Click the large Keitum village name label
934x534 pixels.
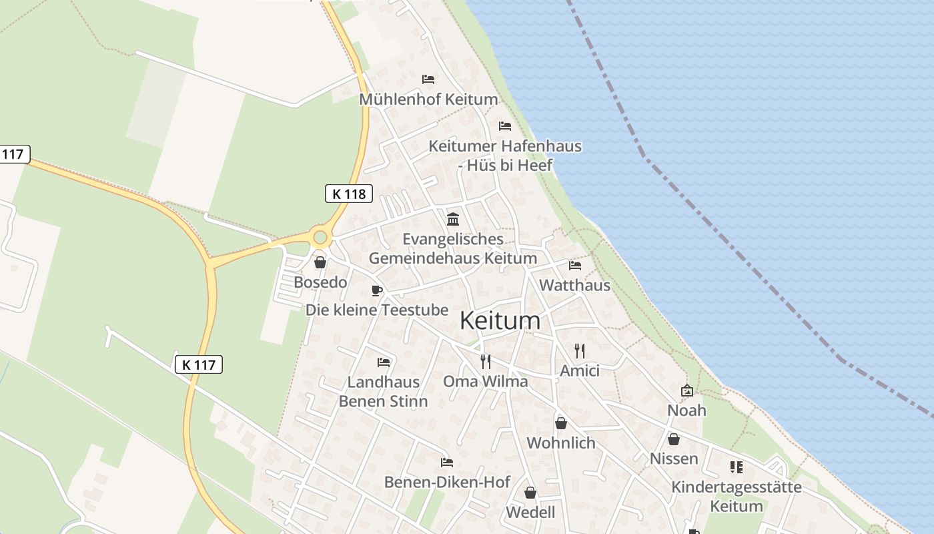500,321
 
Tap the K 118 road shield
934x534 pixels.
348,194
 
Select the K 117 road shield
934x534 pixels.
198,364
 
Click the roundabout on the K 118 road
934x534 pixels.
320,237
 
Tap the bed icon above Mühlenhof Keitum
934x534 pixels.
428,79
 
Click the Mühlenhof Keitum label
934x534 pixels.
428,99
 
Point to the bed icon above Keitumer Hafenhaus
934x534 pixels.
505,125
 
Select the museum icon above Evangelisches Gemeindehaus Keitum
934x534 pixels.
453,219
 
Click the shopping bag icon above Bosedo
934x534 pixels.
320,262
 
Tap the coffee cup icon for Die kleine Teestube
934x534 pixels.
377,290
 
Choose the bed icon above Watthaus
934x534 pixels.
575,266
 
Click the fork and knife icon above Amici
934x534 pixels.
580,350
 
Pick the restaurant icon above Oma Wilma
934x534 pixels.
486,361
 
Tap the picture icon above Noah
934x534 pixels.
686,390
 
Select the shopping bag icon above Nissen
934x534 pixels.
674,439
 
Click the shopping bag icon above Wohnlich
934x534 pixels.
561,423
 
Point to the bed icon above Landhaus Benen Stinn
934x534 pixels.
384,362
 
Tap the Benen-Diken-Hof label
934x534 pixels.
447,482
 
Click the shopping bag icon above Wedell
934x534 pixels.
530,493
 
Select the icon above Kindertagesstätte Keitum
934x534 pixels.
737,467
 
